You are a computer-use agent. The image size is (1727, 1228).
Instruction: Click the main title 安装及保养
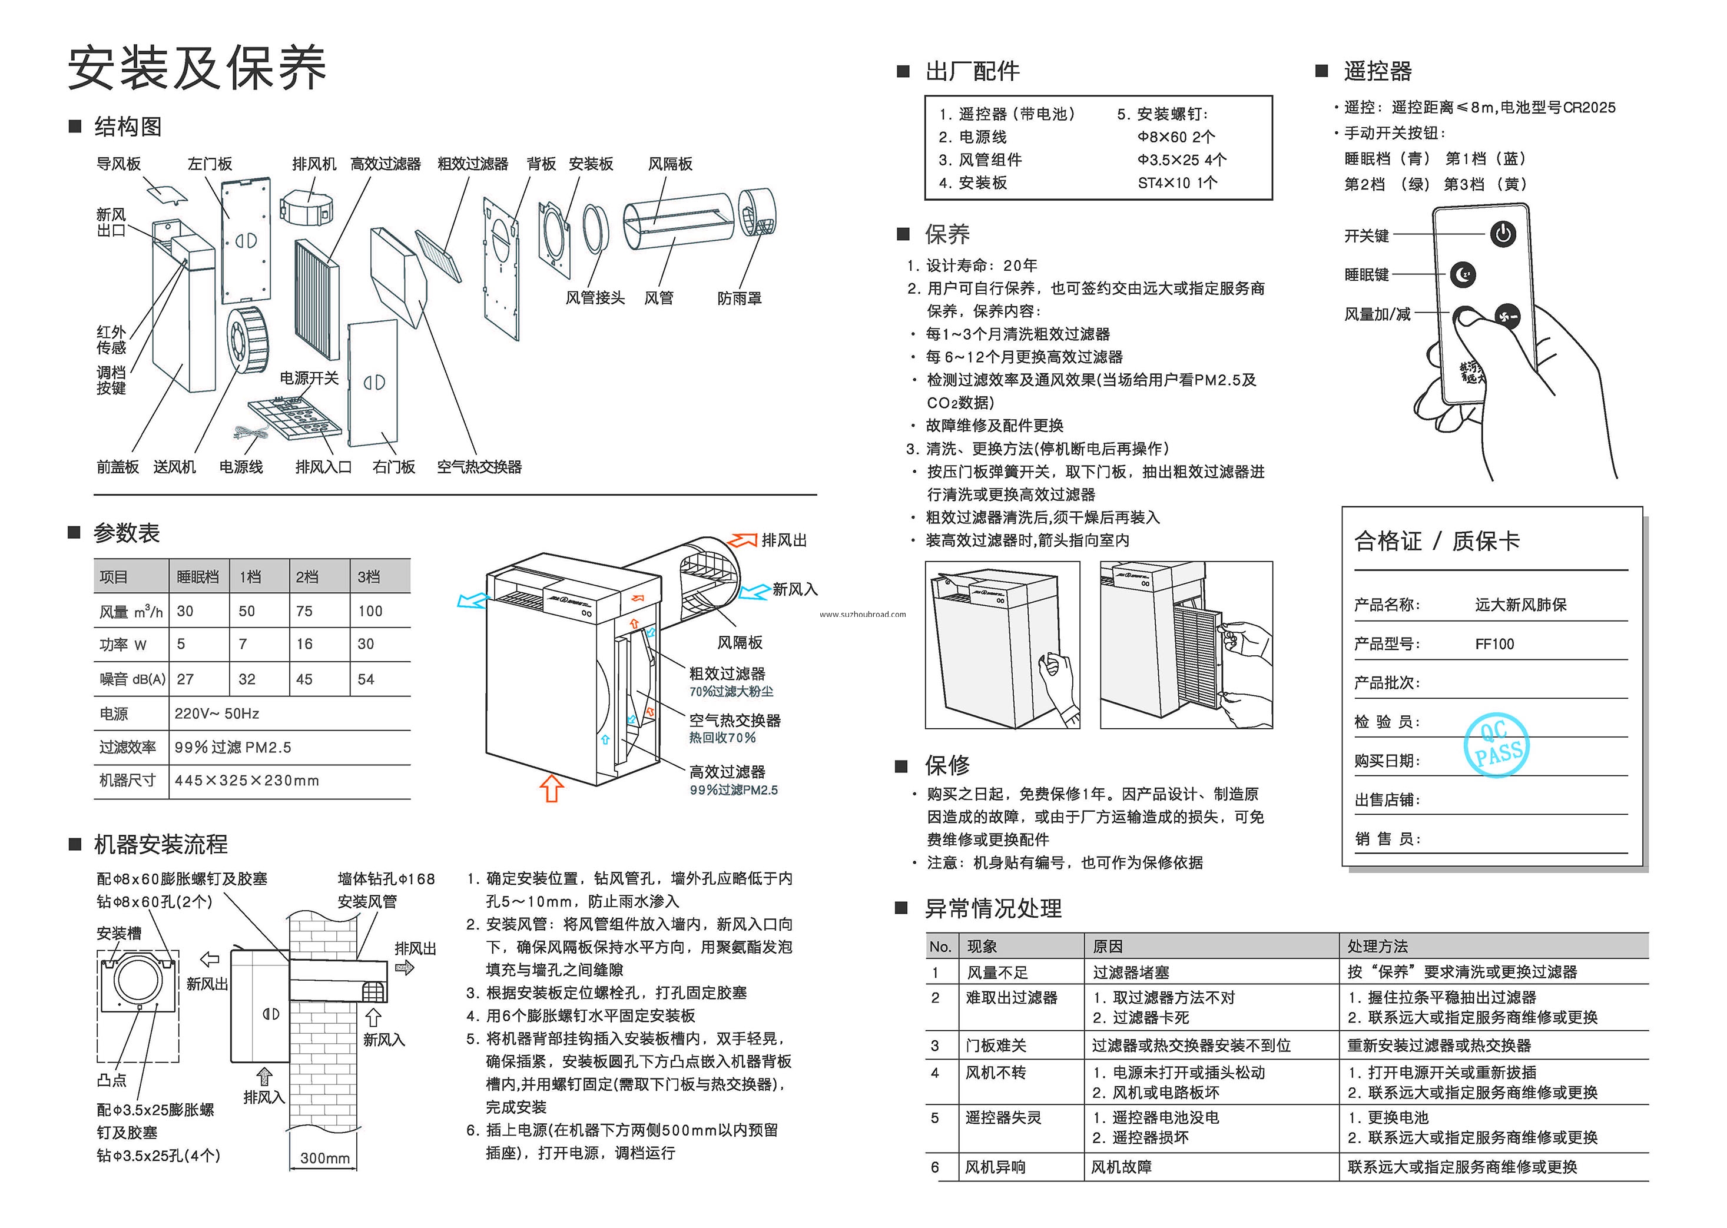pos(197,68)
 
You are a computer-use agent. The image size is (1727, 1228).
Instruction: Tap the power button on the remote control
pos(1503,234)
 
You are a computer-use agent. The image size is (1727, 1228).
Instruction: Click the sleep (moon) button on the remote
pos(1463,274)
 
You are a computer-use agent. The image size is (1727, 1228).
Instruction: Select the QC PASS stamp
pos(1497,744)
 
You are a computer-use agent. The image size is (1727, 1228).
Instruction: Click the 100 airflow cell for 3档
pos(370,611)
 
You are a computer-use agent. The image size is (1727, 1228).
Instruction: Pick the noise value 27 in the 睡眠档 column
pos(185,679)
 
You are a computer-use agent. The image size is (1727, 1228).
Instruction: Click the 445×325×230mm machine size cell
pos(247,781)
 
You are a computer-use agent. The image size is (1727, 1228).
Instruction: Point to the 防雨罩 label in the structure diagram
pos(740,298)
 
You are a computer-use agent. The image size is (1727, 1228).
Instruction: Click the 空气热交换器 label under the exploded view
pos(479,467)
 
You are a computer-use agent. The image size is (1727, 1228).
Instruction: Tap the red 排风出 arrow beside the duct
pos(742,540)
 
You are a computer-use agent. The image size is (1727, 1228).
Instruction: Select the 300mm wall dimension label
pos(324,1158)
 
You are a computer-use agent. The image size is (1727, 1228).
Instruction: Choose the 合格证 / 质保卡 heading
pos(1437,540)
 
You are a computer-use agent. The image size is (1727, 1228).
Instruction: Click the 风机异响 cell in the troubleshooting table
pos(995,1167)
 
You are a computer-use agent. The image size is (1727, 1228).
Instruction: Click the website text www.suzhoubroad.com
pos(862,615)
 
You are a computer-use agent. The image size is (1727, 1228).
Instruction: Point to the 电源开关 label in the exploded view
pos(309,378)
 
